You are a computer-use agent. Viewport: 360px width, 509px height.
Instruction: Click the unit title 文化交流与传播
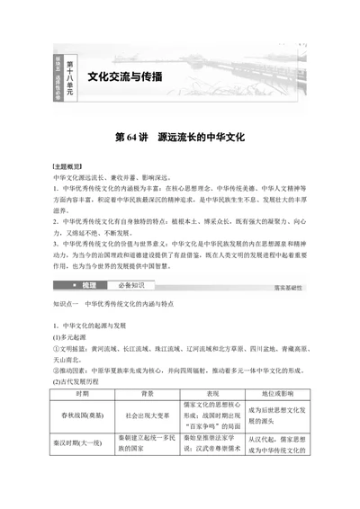click(125, 76)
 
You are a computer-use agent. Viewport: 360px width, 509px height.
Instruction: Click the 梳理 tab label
click(89, 284)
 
